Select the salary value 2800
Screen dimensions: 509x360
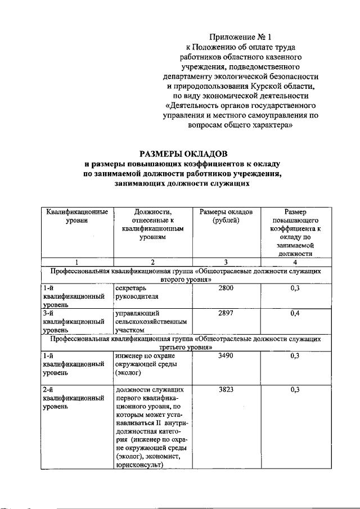tap(225, 288)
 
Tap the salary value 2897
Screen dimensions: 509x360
tap(225, 313)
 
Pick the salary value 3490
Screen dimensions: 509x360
tap(225, 355)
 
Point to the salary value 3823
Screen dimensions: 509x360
tap(225, 389)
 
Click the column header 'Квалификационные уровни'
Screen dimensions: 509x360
tap(76, 217)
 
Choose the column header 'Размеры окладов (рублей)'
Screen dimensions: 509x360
tap(226, 217)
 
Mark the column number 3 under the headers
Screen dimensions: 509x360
tap(226, 262)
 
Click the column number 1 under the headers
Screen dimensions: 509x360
tap(76, 262)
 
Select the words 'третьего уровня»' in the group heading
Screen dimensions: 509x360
tap(183, 348)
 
